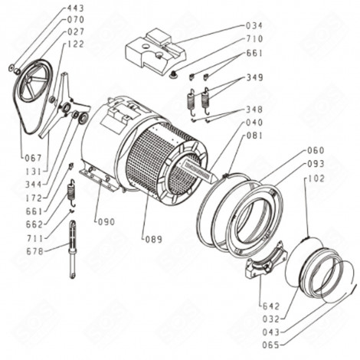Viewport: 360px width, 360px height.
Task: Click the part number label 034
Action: pos(254,25)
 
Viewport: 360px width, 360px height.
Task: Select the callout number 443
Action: pos(75,8)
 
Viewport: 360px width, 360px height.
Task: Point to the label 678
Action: pos(34,251)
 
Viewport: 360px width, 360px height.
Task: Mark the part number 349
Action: pos(254,78)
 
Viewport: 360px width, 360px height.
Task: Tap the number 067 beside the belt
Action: pos(33,158)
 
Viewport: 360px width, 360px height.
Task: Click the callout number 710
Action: pos(254,38)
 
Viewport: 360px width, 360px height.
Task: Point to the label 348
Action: pos(254,109)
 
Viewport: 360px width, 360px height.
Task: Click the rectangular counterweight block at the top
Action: pos(156,47)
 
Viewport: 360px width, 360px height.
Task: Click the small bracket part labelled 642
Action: pos(264,265)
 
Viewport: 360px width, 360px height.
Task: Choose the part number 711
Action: pos(34,238)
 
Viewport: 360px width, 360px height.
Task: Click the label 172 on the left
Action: pos(34,198)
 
